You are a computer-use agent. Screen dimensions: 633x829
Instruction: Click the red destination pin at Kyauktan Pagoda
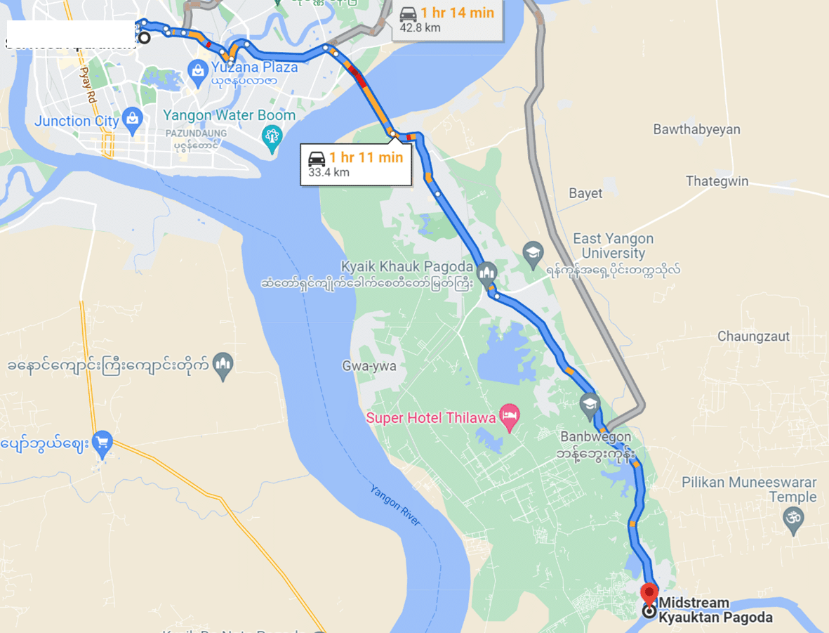coord(649,592)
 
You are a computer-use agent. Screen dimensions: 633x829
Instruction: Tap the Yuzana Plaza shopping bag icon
coord(198,69)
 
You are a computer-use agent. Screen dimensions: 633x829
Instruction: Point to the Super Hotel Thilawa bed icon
coord(508,417)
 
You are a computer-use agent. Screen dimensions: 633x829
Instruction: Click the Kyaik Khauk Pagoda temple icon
coord(486,270)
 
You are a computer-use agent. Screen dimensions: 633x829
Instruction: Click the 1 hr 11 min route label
coord(366,157)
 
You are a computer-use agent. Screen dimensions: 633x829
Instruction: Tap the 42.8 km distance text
coord(420,28)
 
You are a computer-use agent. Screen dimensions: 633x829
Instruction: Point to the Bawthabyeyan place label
coord(696,129)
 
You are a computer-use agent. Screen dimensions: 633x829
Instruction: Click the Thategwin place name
coord(717,181)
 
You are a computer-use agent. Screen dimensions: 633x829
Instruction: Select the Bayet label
coord(585,193)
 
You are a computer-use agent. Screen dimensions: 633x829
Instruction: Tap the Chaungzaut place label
coord(753,337)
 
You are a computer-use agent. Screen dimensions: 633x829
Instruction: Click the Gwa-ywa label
coord(369,366)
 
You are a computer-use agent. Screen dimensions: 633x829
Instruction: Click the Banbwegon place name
coord(595,436)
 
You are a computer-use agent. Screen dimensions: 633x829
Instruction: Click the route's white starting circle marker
coord(144,38)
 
